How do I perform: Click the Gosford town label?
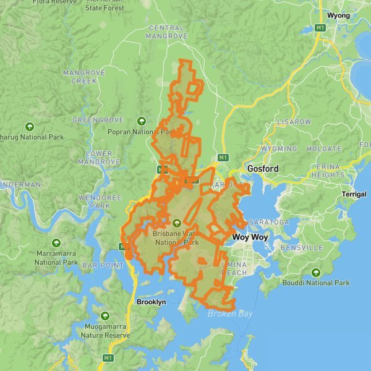pyautogui.click(x=263, y=169)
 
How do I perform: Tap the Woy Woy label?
pyautogui.click(x=249, y=237)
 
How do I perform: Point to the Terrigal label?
pyautogui.click(x=354, y=194)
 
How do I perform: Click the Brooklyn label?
pyautogui.click(x=151, y=302)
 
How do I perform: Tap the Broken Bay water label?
pyautogui.click(x=230, y=314)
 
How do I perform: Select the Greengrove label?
pyautogui.click(x=95, y=119)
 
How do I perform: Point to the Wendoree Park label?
pyautogui.click(x=94, y=202)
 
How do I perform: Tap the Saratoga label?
pyautogui.click(x=269, y=222)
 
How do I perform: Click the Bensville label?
pyautogui.click(x=301, y=247)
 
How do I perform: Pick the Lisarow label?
pyautogui.click(x=294, y=122)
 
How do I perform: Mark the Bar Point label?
pyautogui.click(x=98, y=265)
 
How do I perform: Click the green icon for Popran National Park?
pyautogui.click(x=142, y=121)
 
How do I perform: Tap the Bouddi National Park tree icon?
pyautogui.click(x=316, y=272)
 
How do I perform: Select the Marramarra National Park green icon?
pyautogui.click(x=56, y=242)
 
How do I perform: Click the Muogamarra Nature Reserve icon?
pyautogui.click(x=105, y=316)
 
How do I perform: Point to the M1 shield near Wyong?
pyautogui.click(x=320, y=28)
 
